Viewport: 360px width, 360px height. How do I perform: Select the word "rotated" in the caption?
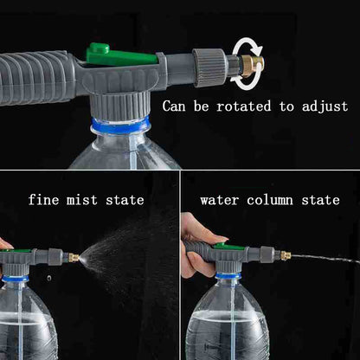click(236, 106)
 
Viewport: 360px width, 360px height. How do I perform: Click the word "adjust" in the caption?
click(321, 107)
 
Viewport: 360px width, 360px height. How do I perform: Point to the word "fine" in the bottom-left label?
click(44, 199)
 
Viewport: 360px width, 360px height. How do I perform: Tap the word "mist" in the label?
click(87, 199)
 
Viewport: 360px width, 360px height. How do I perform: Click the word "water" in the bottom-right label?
click(221, 200)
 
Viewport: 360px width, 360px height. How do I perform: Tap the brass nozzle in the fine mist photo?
click(75, 258)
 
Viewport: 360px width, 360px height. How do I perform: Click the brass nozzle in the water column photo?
click(283, 256)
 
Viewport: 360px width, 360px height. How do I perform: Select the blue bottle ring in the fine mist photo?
click(15, 279)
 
